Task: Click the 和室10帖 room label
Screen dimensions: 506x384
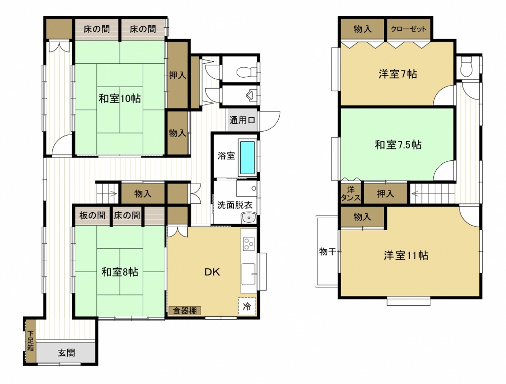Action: click(120, 98)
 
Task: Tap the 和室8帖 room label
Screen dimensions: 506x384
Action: click(120, 272)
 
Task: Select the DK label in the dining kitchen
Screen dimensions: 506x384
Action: click(212, 272)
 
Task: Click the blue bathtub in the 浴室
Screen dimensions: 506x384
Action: click(248, 157)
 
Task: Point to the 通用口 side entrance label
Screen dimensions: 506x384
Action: click(242, 120)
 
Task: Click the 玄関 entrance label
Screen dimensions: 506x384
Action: click(66, 352)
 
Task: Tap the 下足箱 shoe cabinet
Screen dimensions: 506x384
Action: click(30, 340)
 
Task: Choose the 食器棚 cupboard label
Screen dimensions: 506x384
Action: click(185, 311)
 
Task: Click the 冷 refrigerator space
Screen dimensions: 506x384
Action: click(247, 306)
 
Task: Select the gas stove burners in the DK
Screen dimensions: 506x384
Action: click(249, 243)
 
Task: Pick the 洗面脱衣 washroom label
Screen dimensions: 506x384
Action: click(234, 204)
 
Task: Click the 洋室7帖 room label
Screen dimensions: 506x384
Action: click(398, 74)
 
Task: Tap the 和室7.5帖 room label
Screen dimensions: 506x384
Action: click(398, 144)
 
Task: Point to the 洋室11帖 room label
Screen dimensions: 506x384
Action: click(406, 255)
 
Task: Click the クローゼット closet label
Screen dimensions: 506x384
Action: click(409, 29)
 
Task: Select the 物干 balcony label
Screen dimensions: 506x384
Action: click(328, 251)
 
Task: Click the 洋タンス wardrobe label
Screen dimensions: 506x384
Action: click(351, 193)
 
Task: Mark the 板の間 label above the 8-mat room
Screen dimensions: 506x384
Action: click(92, 215)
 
